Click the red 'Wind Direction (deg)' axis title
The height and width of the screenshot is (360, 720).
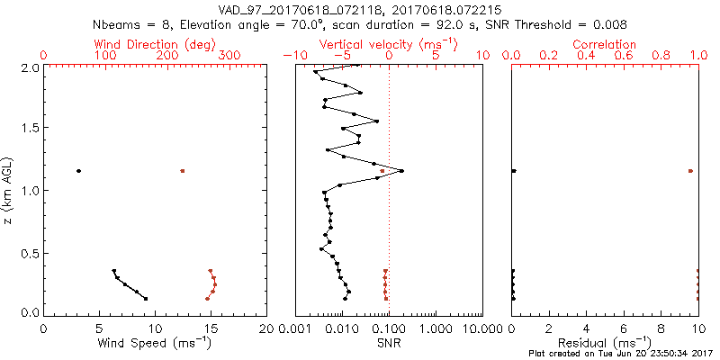pyautogui.click(x=157, y=44)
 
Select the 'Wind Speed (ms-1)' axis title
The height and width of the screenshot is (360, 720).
pyautogui.click(x=156, y=344)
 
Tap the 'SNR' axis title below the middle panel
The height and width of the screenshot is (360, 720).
pyautogui.click(x=388, y=343)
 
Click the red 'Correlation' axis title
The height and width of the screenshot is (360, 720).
pyautogui.click(x=605, y=44)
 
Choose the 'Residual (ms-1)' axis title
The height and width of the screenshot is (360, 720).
pyautogui.click(x=605, y=344)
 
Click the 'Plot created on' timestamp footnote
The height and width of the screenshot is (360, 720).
pyautogui.click(x=620, y=355)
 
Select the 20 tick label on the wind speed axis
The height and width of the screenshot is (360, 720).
pyautogui.click(x=266, y=328)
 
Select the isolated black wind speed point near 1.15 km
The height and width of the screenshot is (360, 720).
pyautogui.click(x=78, y=171)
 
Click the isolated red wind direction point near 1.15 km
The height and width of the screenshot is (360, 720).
pyautogui.click(x=182, y=171)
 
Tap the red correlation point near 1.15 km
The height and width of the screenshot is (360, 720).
pyautogui.click(x=690, y=171)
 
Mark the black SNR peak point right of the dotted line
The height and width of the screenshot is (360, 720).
pyautogui.click(x=401, y=171)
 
